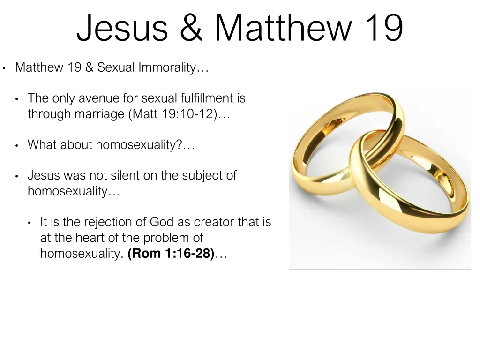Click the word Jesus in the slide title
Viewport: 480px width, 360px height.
click(x=122, y=28)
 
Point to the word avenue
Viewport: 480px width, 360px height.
click(x=96, y=98)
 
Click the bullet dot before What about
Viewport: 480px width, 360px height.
click(x=17, y=146)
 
